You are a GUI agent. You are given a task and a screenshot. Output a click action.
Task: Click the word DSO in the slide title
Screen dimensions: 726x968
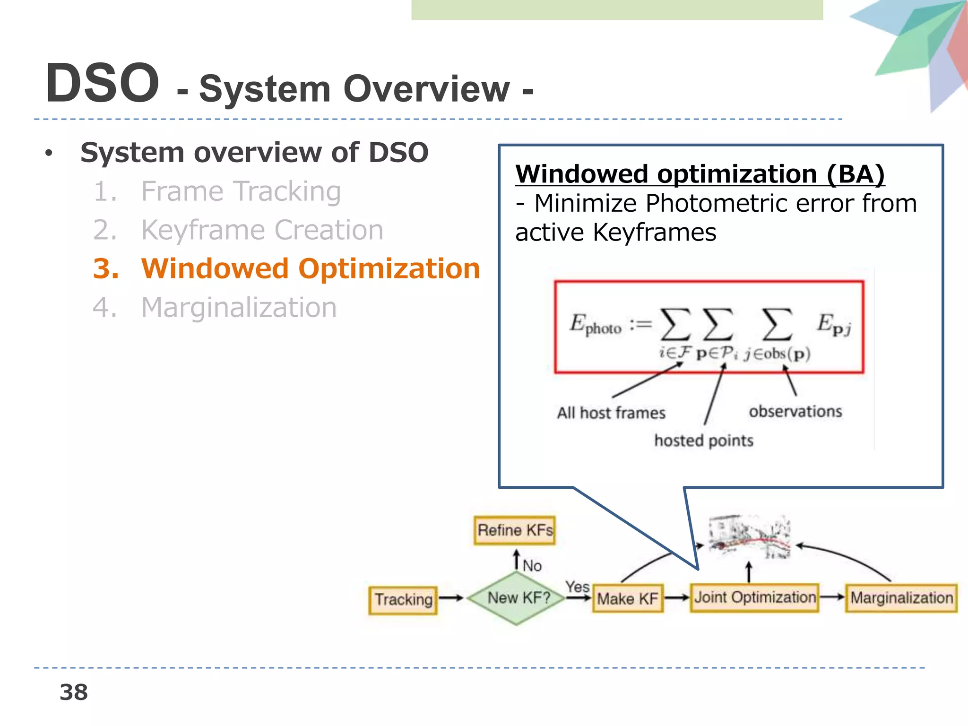click(x=102, y=84)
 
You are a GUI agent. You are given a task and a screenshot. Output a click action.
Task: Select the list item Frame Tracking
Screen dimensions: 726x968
click(x=241, y=191)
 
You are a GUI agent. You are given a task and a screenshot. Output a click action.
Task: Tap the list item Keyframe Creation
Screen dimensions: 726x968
click(x=262, y=230)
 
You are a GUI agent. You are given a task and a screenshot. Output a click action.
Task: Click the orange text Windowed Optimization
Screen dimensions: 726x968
click(x=310, y=268)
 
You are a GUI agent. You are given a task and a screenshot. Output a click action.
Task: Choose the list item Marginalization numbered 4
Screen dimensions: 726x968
click(x=239, y=308)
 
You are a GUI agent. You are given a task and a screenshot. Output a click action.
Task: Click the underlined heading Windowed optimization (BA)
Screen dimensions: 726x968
click(x=700, y=174)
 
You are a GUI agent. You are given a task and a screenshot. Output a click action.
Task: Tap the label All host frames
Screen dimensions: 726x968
click(x=611, y=413)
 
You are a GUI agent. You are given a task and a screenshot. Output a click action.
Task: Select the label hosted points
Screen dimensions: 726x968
click(x=703, y=441)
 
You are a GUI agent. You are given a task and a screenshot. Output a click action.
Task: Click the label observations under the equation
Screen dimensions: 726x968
click(x=795, y=411)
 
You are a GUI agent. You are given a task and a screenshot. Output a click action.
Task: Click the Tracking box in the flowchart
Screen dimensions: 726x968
click(x=403, y=600)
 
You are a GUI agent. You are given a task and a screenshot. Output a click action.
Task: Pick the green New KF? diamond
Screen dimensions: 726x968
click(x=518, y=598)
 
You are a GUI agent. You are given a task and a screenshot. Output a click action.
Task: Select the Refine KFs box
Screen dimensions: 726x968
click(x=515, y=530)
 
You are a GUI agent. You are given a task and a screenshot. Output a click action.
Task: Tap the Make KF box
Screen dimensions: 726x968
click(x=628, y=599)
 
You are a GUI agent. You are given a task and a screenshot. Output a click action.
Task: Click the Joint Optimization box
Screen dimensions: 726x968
click(x=754, y=597)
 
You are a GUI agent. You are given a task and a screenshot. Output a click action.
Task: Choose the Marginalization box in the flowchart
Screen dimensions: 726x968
click(x=901, y=598)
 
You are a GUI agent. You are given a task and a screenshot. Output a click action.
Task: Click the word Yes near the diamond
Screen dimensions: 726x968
click(x=577, y=587)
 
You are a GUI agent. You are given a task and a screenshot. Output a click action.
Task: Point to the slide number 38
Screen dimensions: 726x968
click(x=74, y=692)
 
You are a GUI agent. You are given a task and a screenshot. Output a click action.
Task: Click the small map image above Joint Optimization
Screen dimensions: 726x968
click(x=749, y=537)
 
